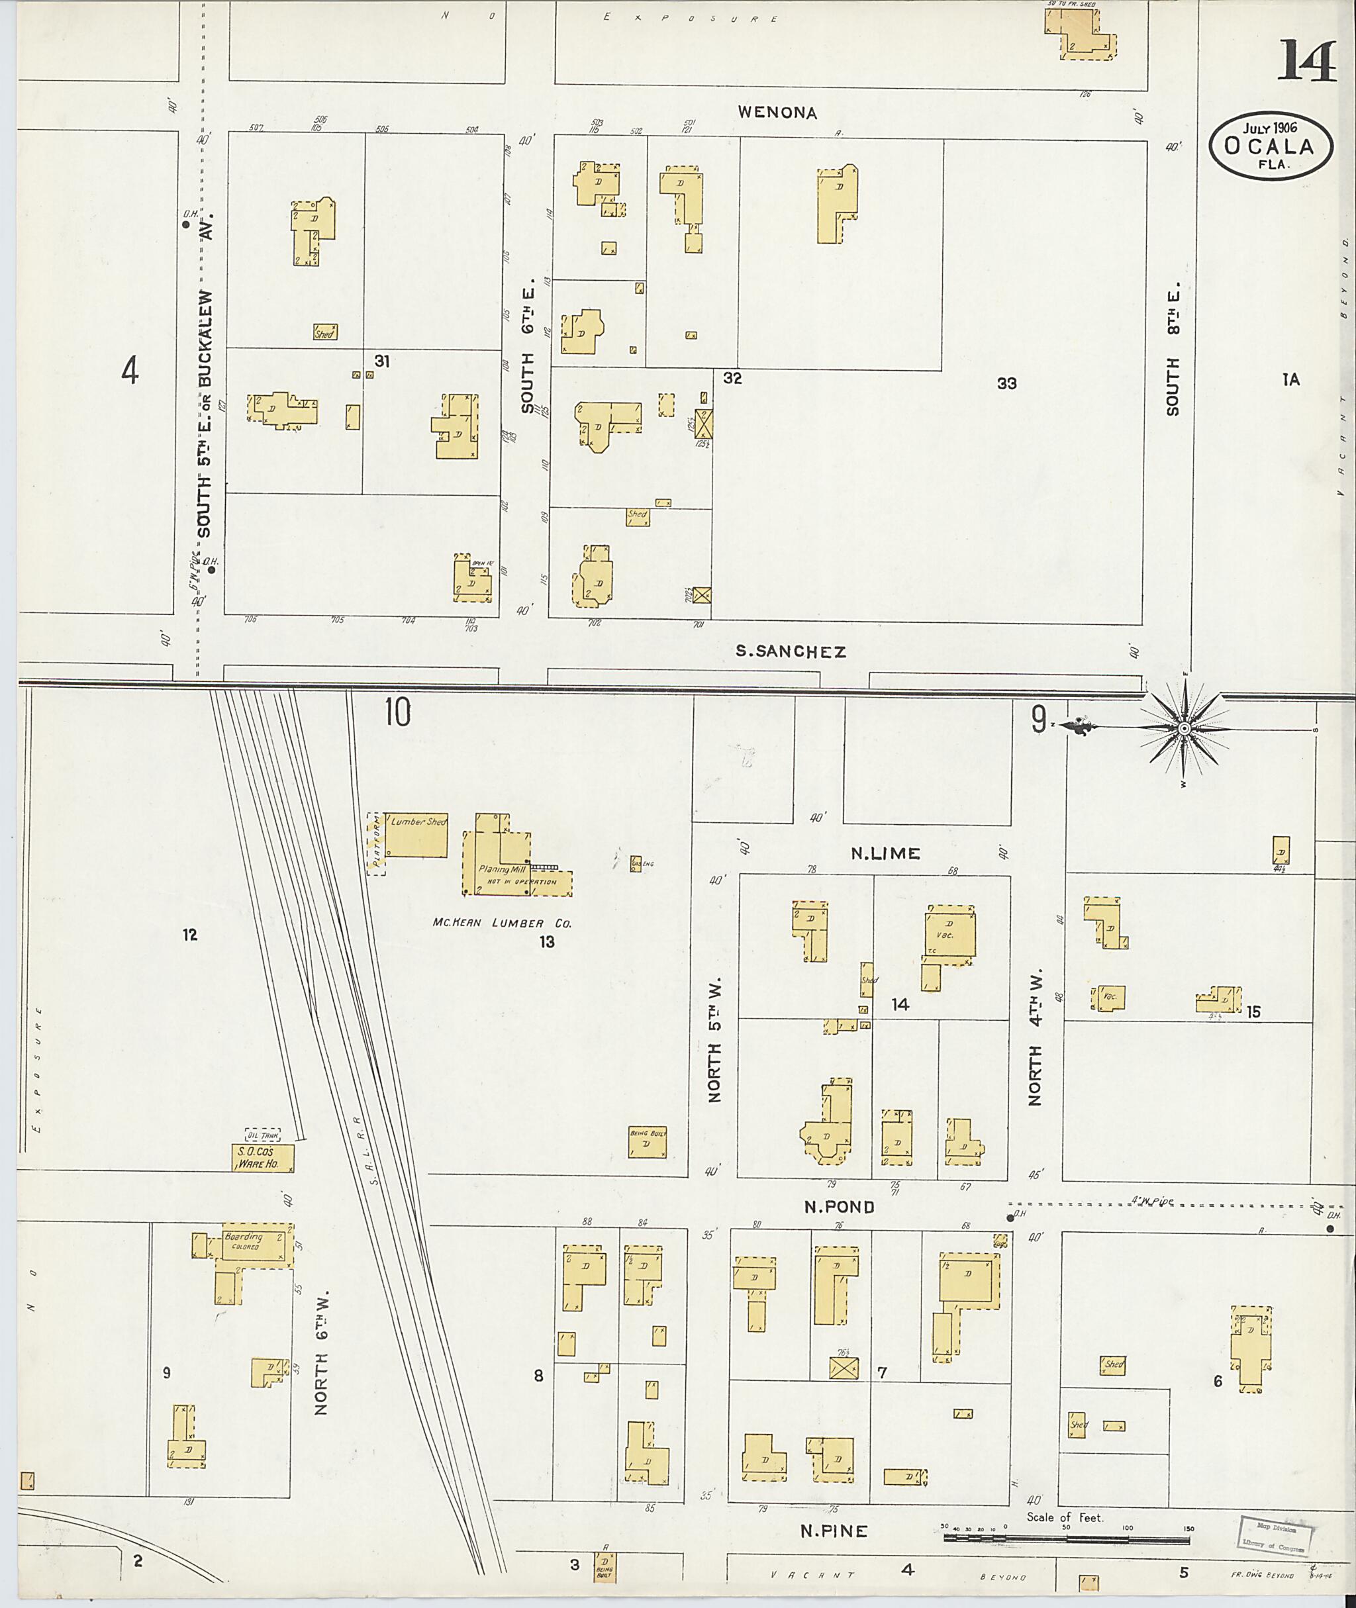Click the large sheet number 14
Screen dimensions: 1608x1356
pos(1308,61)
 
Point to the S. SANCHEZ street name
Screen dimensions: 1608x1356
pos(791,652)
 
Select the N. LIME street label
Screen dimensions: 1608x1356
pos(885,853)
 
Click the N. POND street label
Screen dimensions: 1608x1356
pos(839,1207)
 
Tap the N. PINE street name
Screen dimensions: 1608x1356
pos(834,1531)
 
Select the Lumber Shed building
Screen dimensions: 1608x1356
pos(416,835)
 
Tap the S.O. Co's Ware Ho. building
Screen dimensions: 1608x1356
pos(262,1159)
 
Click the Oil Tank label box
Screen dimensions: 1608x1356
pos(262,1135)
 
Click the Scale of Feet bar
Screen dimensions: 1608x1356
pos(1069,1540)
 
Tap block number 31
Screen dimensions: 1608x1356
pos(382,361)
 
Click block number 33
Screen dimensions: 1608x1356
pos(1006,383)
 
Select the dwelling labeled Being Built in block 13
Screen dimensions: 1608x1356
pos(648,1144)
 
